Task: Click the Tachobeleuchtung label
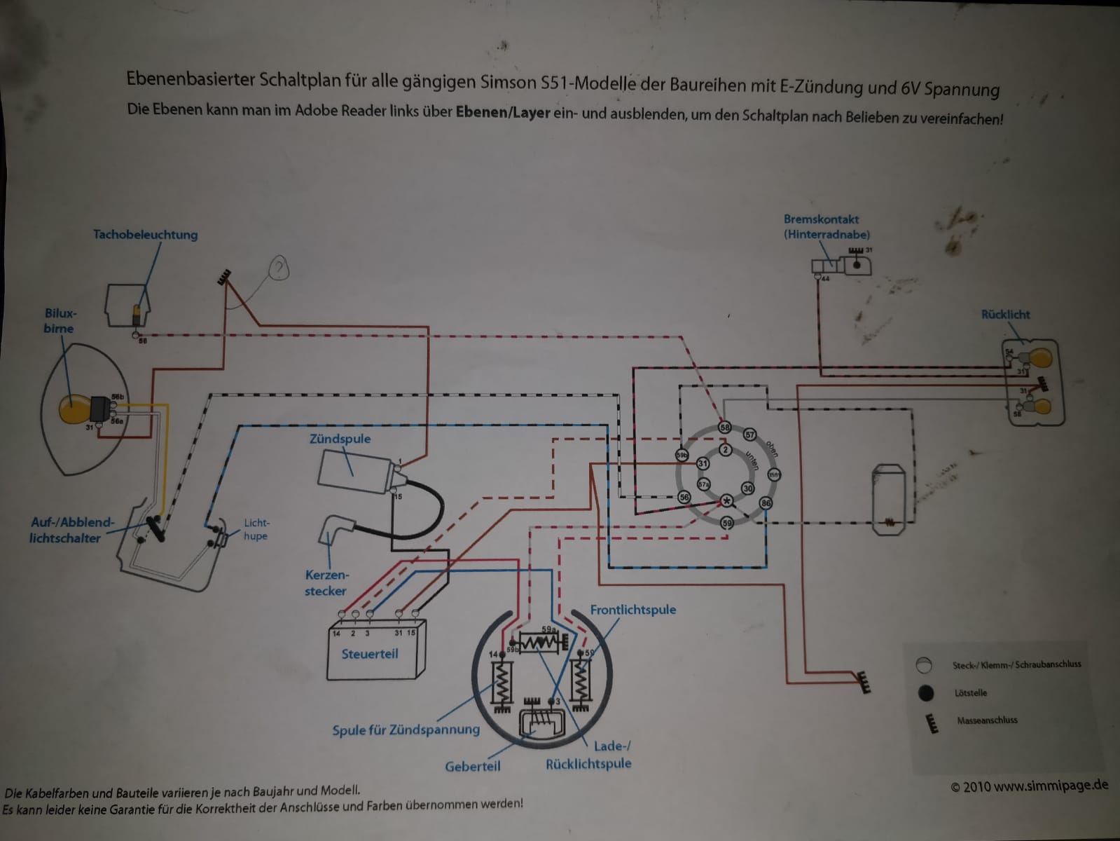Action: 145,235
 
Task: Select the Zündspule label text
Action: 340,439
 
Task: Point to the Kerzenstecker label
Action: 326,583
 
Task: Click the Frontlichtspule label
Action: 632,610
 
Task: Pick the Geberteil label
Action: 472,767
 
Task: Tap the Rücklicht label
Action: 1005,315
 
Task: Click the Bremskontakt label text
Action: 821,219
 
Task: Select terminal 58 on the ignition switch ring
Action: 724,428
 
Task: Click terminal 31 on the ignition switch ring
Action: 703,463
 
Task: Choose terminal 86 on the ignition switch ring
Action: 766,502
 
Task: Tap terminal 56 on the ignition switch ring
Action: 684,498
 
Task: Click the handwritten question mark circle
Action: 279,268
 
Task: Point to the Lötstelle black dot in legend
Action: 925,693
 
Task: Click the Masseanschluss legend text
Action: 987,720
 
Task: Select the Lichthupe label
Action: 256,529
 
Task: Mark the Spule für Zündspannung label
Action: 406,730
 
